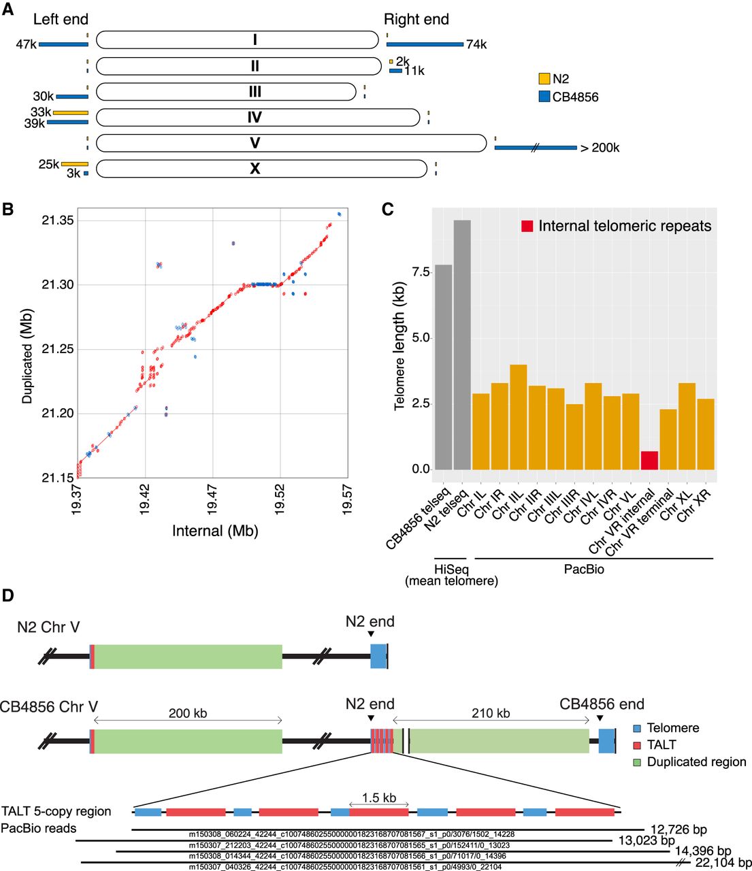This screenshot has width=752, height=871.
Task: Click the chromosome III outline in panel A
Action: (x=225, y=92)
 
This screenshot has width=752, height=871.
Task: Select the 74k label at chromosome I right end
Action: (x=476, y=45)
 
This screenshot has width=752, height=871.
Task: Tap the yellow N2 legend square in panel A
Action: (x=544, y=79)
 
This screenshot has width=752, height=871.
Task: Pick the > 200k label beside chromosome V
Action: (x=600, y=148)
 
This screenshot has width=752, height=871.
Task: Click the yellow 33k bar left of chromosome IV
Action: (x=71, y=112)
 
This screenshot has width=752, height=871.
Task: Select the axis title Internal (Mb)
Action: (x=215, y=531)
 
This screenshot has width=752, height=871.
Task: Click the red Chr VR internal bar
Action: (x=650, y=461)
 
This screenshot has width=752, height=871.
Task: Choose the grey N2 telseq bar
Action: (x=462, y=345)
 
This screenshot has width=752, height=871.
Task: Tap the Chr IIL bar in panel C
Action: (x=519, y=417)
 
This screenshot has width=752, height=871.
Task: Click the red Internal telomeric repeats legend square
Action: (x=527, y=226)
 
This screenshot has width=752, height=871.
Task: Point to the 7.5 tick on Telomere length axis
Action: (x=421, y=272)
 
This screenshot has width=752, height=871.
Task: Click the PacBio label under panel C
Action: (x=584, y=569)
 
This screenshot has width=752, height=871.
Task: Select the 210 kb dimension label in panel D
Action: (x=491, y=714)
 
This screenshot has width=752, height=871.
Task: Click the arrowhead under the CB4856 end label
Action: (x=600, y=719)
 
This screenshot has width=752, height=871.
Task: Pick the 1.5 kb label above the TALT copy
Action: (x=379, y=798)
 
